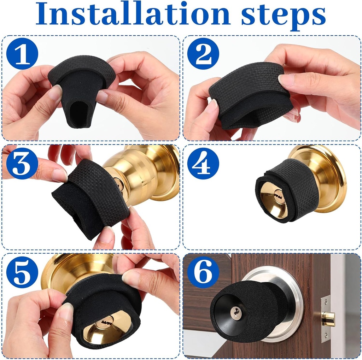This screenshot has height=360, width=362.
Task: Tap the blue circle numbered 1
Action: point(22,54)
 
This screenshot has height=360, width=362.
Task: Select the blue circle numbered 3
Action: point(22,164)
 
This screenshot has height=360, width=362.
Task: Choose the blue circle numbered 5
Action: point(22,272)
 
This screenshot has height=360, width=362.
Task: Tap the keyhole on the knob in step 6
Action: point(236,313)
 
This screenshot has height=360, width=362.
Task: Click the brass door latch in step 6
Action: point(328,319)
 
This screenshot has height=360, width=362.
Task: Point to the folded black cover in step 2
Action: point(249,94)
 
